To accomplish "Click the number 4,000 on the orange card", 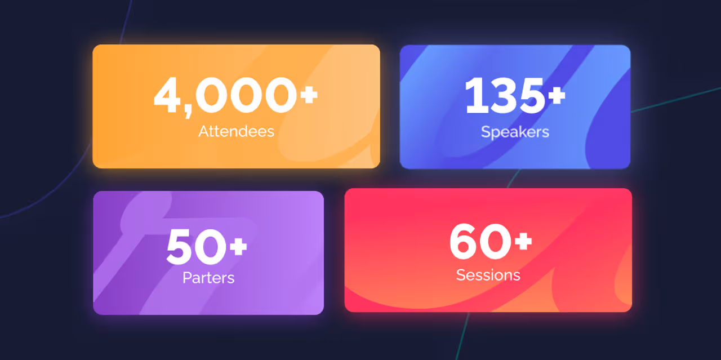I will pyautogui.click(x=225, y=96).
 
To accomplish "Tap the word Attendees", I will pyautogui.click(x=236, y=131).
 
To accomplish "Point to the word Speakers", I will pyautogui.click(x=515, y=132).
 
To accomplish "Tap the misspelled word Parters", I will pyautogui.click(x=208, y=278).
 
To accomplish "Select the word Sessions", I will pyautogui.click(x=488, y=275).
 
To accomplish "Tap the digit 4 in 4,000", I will pyautogui.click(x=170, y=96).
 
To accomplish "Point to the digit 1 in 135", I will pyautogui.click(x=474, y=96).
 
